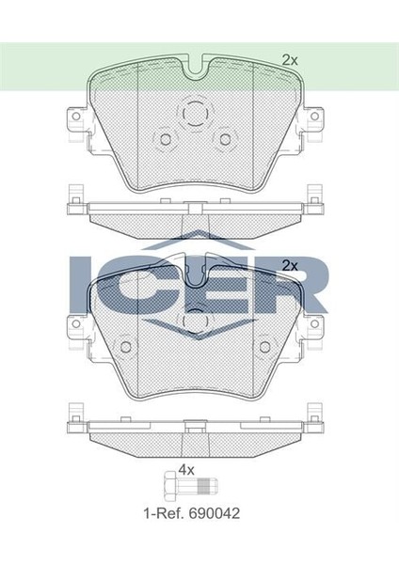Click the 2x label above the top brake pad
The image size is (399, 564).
click(290, 59)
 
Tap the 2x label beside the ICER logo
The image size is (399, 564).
click(290, 265)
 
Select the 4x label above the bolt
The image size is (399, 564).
click(186, 469)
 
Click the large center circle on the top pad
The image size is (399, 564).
click(196, 113)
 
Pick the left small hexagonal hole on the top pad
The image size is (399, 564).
click(166, 140)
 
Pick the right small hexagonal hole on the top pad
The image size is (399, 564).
click(225, 140)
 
